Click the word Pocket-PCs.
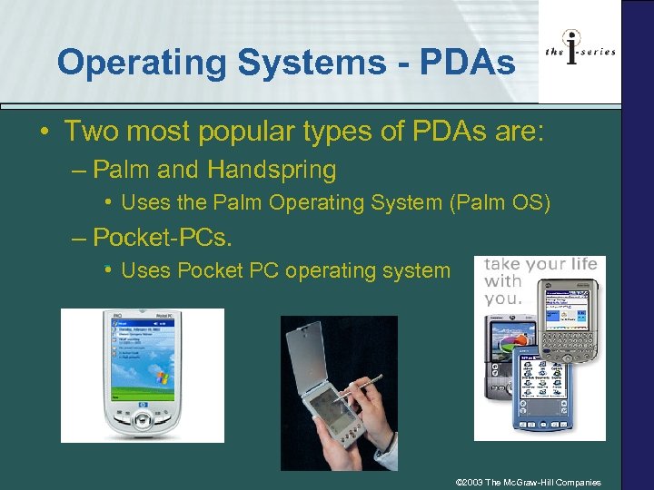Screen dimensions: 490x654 click(x=163, y=237)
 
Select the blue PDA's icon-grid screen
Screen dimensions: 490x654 click(x=541, y=381)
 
